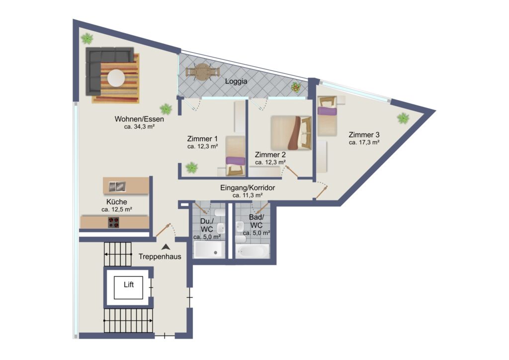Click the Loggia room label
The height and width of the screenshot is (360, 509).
pyautogui.click(x=236, y=81)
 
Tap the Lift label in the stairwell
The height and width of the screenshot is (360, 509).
pyautogui.click(x=129, y=285)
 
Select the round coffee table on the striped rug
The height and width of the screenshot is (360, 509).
pyautogui.click(x=116, y=78)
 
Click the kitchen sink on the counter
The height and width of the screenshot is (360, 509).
pyautogui.click(x=117, y=186)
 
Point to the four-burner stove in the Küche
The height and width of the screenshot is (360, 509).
pyautogui.click(x=113, y=222)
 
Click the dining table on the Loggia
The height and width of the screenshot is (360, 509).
pyautogui.click(x=202, y=72)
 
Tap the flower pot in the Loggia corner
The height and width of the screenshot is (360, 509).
pyautogui.click(x=295, y=87)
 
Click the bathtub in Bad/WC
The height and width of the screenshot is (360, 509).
pyautogui.click(x=252, y=251)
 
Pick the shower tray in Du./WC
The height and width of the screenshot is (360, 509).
pyautogui.click(x=209, y=249)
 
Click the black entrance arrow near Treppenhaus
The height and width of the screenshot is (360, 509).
pyautogui.click(x=166, y=247)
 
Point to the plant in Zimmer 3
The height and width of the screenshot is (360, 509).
pyautogui.click(x=403, y=118)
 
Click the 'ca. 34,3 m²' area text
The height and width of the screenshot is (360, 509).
pyautogui.click(x=139, y=127)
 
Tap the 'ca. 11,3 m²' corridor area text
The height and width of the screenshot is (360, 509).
pyautogui.click(x=248, y=195)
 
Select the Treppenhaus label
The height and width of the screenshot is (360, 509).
pyautogui.click(x=160, y=257)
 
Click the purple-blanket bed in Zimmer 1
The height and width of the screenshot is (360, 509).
pyautogui.click(x=235, y=156)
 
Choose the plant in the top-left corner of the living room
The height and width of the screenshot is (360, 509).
pyautogui.click(x=87, y=39)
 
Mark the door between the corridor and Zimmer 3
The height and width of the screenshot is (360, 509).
pyautogui.click(x=322, y=192)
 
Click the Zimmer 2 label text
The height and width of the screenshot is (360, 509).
pyautogui.click(x=270, y=155)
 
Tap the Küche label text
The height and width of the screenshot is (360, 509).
pyautogui.click(x=116, y=202)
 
